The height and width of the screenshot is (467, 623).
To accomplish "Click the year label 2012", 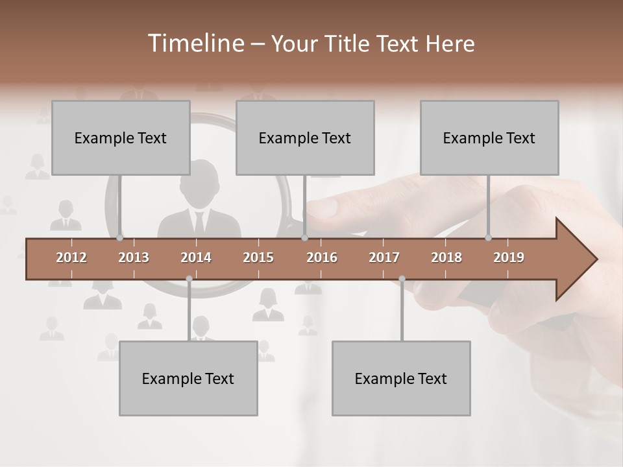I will (71, 257).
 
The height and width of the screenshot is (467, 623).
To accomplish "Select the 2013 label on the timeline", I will (134, 257).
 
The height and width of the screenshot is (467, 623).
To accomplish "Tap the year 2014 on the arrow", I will (196, 257).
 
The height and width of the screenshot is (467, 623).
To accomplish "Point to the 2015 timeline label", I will (258, 257).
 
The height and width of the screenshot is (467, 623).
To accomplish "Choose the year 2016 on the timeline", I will (322, 257).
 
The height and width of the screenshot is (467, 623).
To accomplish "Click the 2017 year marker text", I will (384, 257).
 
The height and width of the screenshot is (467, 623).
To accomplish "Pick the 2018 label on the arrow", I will (446, 257).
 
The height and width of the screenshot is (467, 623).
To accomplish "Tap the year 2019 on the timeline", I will (509, 257).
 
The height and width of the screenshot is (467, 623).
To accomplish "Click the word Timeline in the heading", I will (195, 43).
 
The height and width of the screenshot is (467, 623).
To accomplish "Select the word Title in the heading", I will (348, 43).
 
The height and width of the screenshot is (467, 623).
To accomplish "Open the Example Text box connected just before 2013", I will (121, 138).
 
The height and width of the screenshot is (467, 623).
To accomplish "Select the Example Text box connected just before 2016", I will (305, 138).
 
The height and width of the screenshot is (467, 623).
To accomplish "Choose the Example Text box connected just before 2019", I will (489, 138).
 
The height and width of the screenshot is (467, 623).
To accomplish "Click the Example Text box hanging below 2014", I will (188, 378).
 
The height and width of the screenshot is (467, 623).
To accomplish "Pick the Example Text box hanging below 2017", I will (401, 378).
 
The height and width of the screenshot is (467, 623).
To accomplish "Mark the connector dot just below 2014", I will (189, 278).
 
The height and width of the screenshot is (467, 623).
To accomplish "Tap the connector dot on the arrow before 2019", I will (488, 237).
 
